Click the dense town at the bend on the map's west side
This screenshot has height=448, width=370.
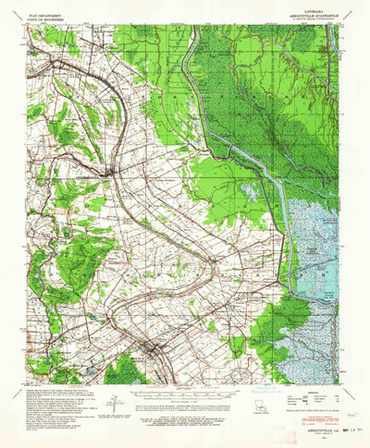110,173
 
